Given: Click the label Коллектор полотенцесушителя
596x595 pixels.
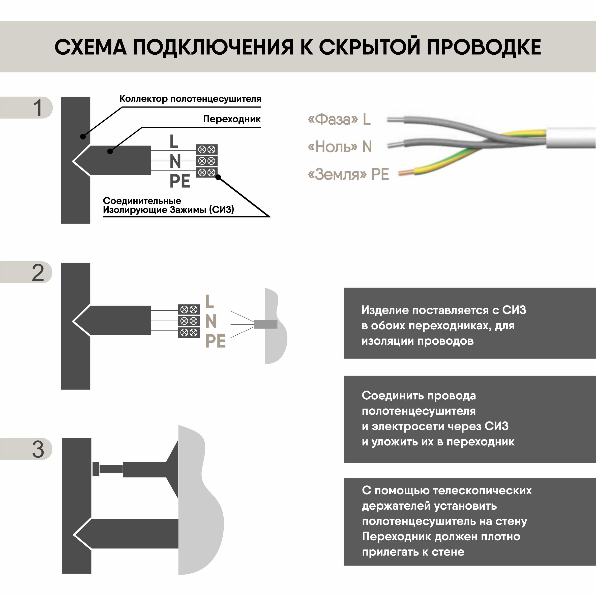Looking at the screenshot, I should [x=190, y=99].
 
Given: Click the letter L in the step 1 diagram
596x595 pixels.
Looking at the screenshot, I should [x=174, y=142].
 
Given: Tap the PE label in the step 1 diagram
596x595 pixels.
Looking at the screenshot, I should [x=180, y=181].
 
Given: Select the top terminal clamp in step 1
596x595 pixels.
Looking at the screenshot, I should [x=206, y=150].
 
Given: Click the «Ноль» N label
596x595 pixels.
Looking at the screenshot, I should [x=340, y=147].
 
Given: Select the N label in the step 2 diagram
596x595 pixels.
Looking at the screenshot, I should [x=211, y=321].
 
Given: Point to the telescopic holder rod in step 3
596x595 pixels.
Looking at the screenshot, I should [x=111, y=469].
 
